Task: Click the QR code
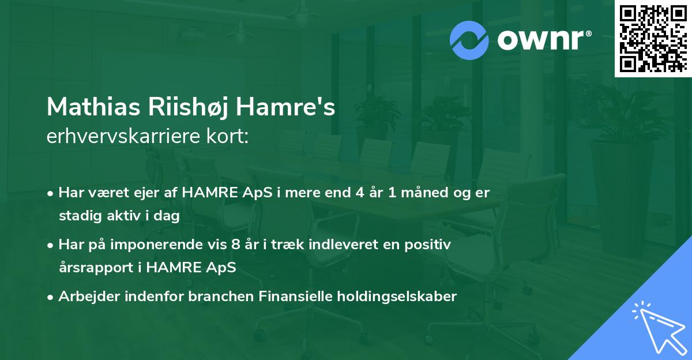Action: tap(653, 39)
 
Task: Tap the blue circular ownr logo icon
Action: tap(469, 39)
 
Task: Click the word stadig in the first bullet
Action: tap(77, 216)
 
